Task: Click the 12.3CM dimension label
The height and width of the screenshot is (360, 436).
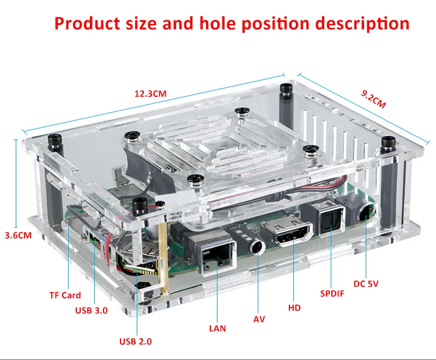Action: point(150,94)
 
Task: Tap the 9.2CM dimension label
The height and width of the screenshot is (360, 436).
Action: point(373,99)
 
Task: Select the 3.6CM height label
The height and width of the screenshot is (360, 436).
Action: point(19,235)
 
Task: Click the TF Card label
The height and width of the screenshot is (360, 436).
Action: point(65,295)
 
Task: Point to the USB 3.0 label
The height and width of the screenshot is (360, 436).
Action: point(92,310)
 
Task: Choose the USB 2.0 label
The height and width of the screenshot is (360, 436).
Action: point(135,341)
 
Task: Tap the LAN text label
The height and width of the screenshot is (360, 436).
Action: point(217,328)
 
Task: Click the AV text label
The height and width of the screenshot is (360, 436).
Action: point(259,319)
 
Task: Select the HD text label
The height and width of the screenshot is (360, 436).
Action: point(294,308)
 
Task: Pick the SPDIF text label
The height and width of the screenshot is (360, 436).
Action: point(332,294)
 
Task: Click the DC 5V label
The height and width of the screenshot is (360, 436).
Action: point(366,284)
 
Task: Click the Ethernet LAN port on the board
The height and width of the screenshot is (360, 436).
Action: point(216,257)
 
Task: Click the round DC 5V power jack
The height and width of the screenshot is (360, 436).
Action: point(366,212)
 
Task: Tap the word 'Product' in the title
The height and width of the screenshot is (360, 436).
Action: point(87,23)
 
